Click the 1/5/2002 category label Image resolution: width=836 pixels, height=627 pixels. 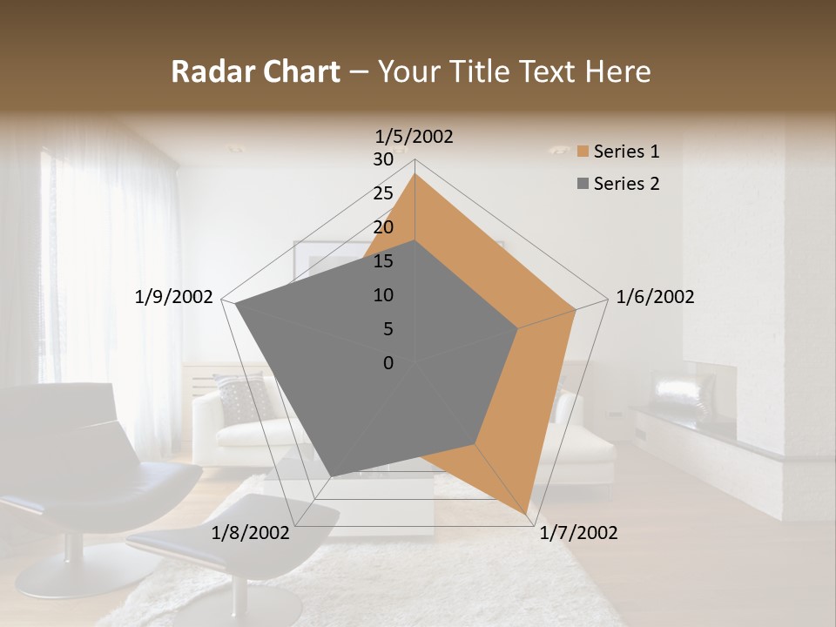pos(414,137)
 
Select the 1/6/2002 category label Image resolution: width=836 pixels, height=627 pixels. pos(655,297)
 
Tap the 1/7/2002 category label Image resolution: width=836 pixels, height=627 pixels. pos(578,533)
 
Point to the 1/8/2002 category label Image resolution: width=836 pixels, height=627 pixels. pos(251,533)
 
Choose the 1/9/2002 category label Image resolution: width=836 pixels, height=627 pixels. pos(173,297)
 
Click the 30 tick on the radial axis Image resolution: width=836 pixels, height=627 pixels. pos(383,160)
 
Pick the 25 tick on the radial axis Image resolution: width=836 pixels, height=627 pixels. pos(383,194)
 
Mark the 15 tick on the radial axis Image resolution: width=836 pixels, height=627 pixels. pos(383,261)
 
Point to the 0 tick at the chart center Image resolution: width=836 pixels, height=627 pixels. pos(388,363)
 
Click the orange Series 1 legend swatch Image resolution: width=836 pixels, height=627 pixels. pos(583,152)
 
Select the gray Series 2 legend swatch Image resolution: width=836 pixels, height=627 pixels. pos(583,184)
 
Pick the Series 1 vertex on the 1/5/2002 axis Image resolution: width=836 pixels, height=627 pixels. pos(415,174)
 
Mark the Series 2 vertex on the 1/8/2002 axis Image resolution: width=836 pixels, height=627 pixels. pos(330,476)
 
